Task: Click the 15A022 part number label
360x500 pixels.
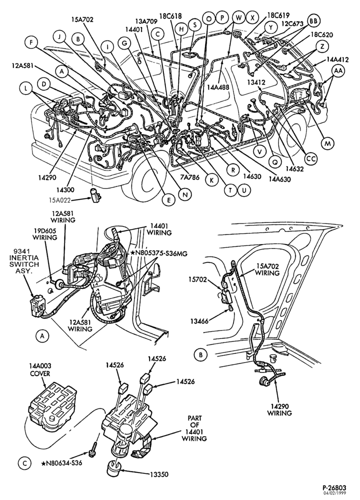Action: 59,200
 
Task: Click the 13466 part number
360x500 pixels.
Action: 200,321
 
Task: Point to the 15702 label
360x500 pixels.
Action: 197,280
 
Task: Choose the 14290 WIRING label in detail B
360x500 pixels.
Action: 279,410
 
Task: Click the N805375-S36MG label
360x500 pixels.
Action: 158,253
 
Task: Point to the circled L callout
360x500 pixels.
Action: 25,88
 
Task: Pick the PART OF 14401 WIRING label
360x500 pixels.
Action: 194,428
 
